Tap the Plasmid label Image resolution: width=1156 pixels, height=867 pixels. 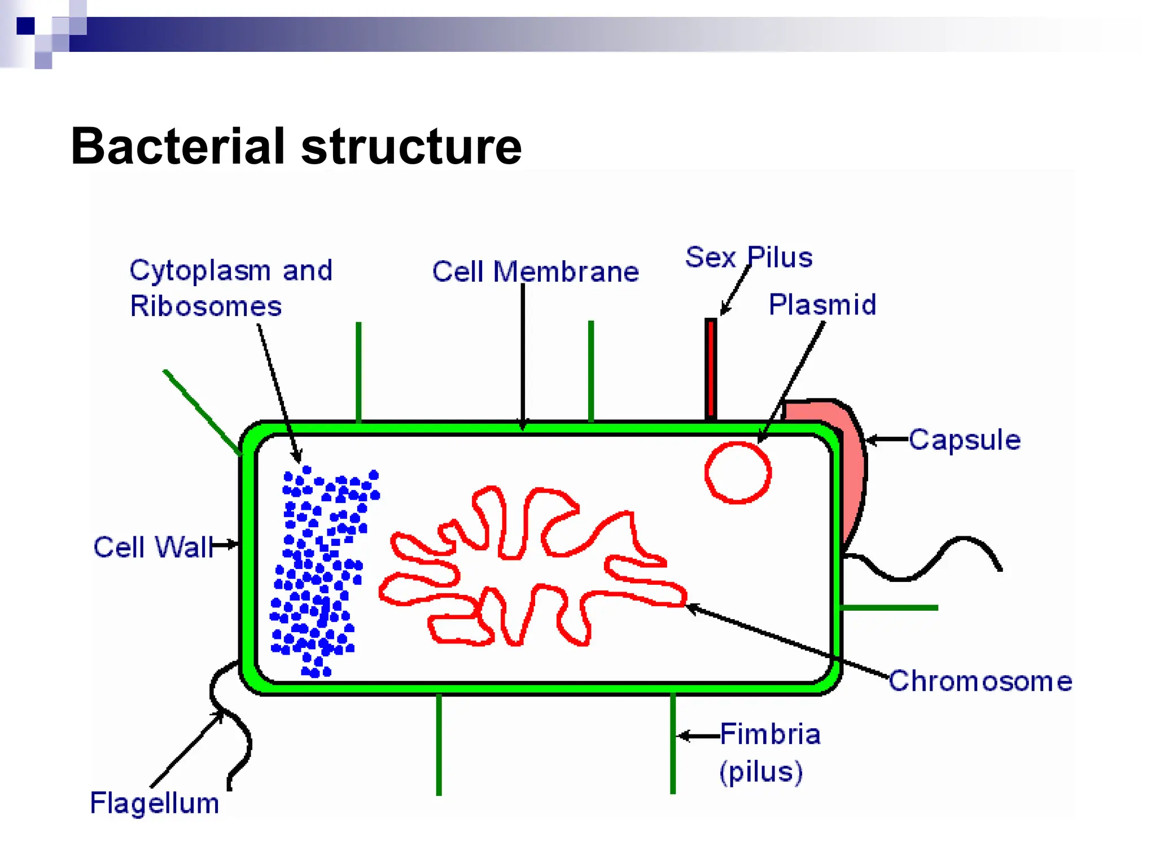tap(822, 305)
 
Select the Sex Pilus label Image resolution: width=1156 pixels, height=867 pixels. tap(748, 257)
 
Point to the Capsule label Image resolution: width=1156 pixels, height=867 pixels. tap(965, 440)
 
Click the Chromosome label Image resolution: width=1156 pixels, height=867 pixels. tap(980, 681)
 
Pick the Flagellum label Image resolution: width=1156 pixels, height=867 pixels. tap(155, 803)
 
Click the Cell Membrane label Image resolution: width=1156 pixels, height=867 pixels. tap(535, 272)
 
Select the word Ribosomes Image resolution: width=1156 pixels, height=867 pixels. tap(205, 306)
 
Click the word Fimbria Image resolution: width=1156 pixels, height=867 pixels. tap(770, 734)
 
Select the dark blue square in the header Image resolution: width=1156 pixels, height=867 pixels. tap(25, 26)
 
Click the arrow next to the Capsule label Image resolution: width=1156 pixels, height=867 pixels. tap(886, 440)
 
